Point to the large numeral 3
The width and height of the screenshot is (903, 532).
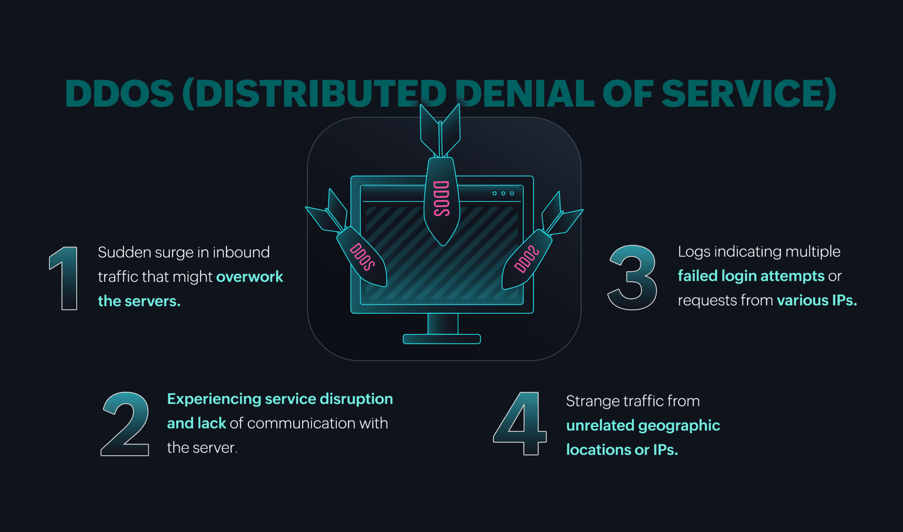click(633, 278)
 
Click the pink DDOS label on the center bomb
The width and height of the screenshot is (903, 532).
click(441, 199)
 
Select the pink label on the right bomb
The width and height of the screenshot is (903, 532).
click(526, 259)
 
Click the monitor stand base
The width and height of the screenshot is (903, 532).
click(442, 339)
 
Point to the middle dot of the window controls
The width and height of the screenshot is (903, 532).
click(503, 193)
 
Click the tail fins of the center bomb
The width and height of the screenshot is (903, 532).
click(440, 131)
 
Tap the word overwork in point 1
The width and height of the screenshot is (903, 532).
click(249, 277)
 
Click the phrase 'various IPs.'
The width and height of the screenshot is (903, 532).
click(816, 300)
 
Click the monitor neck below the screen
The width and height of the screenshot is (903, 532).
click(442, 324)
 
